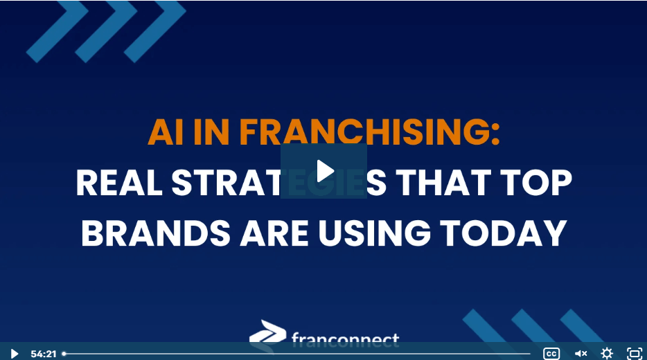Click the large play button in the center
[x=323, y=171]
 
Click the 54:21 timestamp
[x=43, y=354]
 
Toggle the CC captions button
[x=551, y=353]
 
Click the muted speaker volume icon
[x=580, y=353]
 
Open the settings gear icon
[x=607, y=353]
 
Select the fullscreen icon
[x=634, y=353]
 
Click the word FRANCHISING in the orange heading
[x=367, y=132]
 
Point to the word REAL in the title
[x=117, y=183]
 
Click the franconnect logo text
[x=345, y=339]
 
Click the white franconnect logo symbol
[x=267, y=333]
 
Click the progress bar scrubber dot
[x=64, y=354]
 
